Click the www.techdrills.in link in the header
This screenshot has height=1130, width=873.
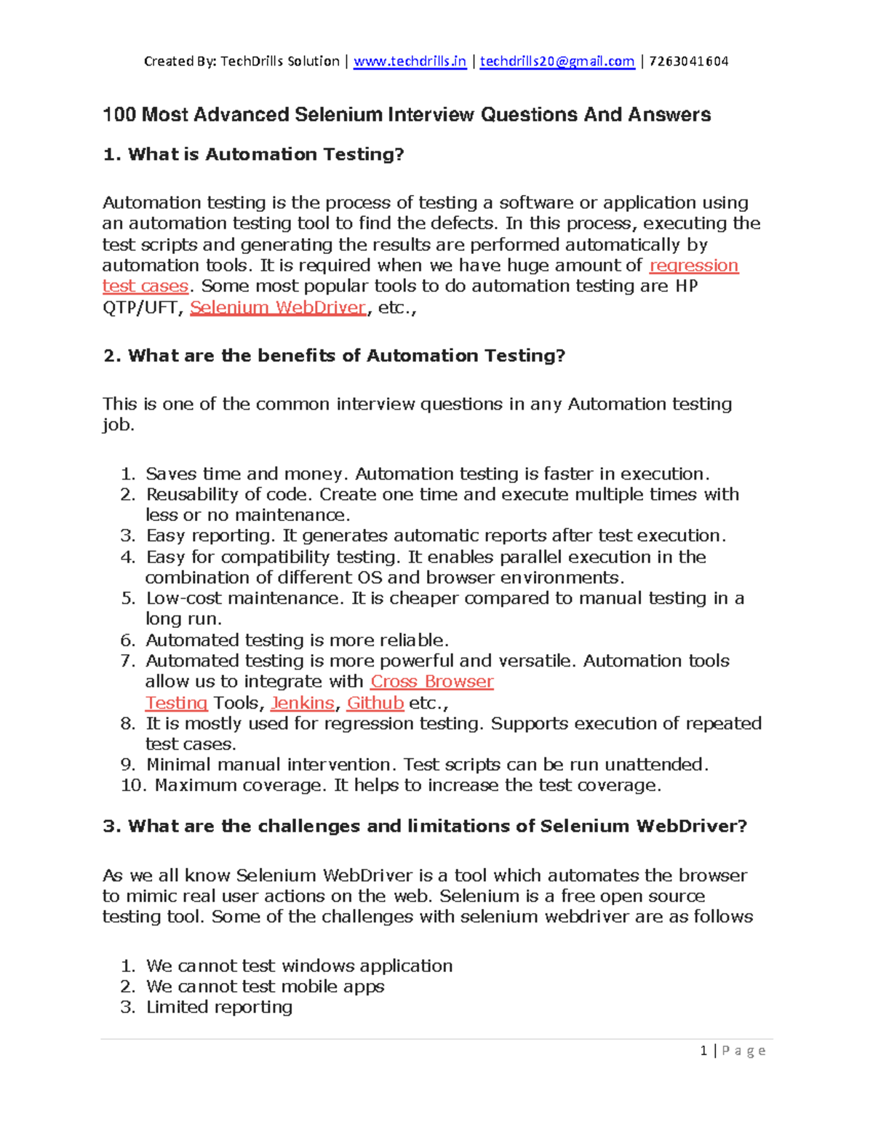(x=410, y=61)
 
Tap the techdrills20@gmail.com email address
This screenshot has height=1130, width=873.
(x=557, y=61)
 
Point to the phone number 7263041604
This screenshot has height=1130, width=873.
(x=688, y=61)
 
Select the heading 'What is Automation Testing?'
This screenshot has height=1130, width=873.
(x=266, y=154)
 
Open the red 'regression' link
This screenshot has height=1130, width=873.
(x=693, y=266)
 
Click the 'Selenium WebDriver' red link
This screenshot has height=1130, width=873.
(x=278, y=308)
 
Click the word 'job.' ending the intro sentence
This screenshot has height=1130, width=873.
(x=118, y=425)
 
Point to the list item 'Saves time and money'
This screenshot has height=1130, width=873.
(x=247, y=474)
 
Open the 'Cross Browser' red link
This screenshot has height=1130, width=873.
(x=432, y=682)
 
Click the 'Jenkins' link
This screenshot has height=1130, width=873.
(x=302, y=703)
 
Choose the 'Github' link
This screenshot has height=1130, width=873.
(x=375, y=703)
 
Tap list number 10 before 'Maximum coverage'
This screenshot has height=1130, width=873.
(x=133, y=786)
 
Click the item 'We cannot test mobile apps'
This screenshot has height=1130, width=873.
(x=265, y=987)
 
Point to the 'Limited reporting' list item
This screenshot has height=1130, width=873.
(x=219, y=1007)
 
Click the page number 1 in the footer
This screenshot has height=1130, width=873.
(x=703, y=1051)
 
